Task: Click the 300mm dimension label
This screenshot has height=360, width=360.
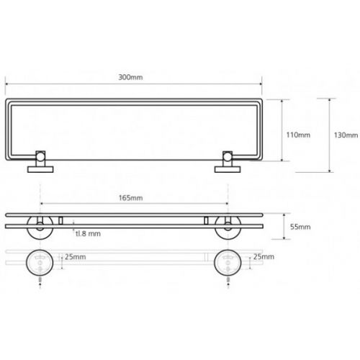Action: pos(130,77)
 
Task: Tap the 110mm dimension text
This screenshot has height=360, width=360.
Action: pos(298,135)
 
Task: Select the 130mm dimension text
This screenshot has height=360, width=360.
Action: pos(346,135)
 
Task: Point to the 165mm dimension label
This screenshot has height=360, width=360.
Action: pos(130,198)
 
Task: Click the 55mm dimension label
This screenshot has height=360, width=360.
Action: pos(300,227)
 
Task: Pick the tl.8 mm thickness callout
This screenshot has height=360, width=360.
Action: pos(88,233)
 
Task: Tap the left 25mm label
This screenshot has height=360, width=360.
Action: pos(75,257)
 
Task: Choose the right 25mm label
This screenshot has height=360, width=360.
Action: pos(264,256)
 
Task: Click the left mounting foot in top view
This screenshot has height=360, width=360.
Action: pos(40,169)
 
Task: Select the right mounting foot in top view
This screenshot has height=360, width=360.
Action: pos(228,169)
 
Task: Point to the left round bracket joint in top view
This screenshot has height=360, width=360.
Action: pos(40,157)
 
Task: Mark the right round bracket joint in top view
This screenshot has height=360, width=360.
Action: pos(228,157)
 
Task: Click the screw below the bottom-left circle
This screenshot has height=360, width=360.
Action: pos(40,280)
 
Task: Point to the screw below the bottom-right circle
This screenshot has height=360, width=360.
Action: pos(228,280)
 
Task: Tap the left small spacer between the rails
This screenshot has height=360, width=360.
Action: pos(60,220)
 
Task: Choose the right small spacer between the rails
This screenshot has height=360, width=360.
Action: pos(206,220)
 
